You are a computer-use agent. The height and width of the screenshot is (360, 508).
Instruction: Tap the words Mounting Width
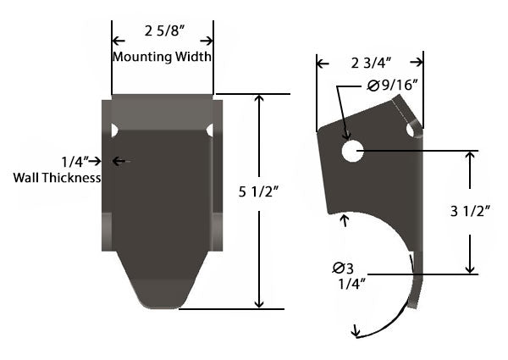coord(162,57)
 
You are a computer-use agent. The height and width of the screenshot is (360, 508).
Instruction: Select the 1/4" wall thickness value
coord(75,161)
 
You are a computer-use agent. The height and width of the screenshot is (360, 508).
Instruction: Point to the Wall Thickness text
coord(58,178)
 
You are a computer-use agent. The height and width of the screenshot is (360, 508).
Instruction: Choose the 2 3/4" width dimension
coord(370,62)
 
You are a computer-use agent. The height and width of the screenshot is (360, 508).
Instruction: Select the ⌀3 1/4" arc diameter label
coord(345,276)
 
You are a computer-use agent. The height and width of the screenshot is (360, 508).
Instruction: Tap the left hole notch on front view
coord(114,130)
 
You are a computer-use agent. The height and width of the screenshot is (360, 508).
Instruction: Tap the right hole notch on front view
coord(209,130)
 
